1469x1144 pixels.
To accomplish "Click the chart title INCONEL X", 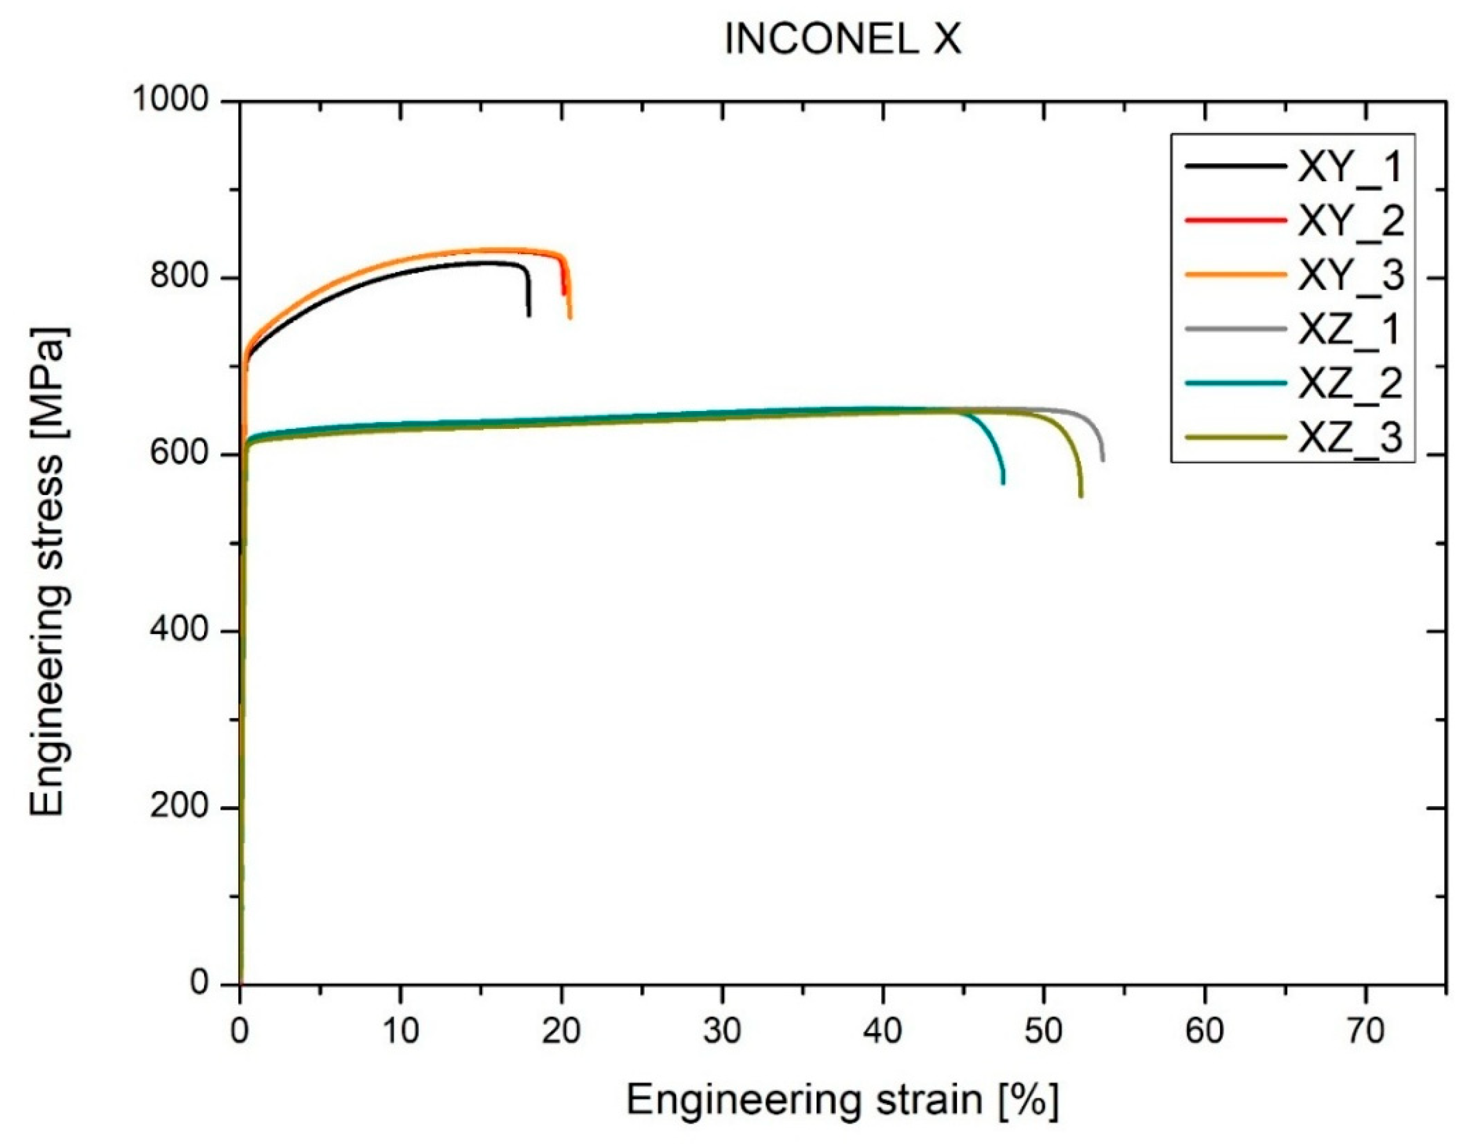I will [x=842, y=40].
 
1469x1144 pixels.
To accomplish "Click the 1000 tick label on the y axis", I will [x=172, y=100].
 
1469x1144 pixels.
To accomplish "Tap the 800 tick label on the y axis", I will [x=180, y=276].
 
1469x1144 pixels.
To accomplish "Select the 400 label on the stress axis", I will [x=180, y=630].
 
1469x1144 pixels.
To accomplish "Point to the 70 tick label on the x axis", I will [x=1365, y=1030].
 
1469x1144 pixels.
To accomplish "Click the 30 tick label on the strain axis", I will [x=723, y=1030].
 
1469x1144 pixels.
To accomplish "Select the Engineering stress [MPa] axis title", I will [x=48, y=571].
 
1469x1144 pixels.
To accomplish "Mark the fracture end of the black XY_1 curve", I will [x=529, y=316].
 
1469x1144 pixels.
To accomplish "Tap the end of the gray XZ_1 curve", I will [x=1103, y=460].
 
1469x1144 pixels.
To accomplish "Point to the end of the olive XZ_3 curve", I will [x=1081, y=496].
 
